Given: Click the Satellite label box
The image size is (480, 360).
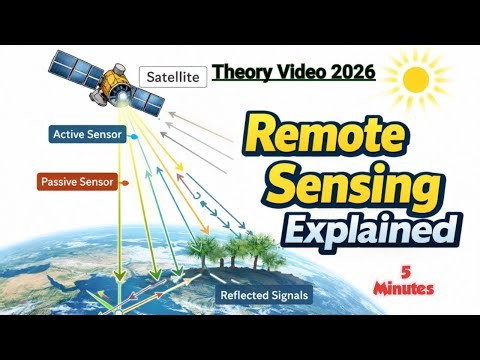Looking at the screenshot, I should (173, 76).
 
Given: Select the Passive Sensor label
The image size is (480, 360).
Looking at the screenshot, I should (77, 182).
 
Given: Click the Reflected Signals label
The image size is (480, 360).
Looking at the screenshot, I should (264, 295).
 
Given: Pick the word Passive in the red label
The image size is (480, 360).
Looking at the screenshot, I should (62, 182).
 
